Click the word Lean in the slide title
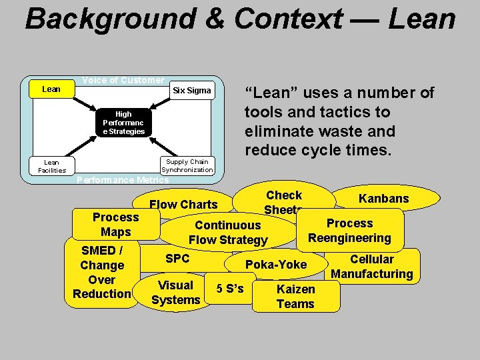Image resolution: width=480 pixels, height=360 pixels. [x=422, y=19]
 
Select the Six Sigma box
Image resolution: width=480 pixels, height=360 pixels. [x=191, y=91]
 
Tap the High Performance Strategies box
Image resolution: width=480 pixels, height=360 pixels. [x=123, y=123]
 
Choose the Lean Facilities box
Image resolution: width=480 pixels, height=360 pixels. [x=51, y=166]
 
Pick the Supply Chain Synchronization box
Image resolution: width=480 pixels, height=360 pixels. [x=187, y=166]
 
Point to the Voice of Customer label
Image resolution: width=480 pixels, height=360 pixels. [x=123, y=80]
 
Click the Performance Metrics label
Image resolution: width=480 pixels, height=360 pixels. [x=123, y=180]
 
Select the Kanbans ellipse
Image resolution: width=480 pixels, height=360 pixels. [x=383, y=199]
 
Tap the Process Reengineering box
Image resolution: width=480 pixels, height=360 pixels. [x=349, y=231]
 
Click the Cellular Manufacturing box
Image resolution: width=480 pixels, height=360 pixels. [x=371, y=267]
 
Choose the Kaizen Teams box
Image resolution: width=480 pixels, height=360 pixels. [x=295, y=297]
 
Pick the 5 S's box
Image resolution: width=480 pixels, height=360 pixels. [x=230, y=289]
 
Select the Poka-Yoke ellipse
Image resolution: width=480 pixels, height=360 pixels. [x=276, y=265]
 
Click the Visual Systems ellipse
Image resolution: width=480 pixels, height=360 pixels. [x=175, y=293]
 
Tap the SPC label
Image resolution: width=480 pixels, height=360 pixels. [x=177, y=259]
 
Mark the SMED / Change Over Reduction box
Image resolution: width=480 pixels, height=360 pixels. [x=101, y=272]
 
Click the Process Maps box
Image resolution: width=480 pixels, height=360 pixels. [x=115, y=225]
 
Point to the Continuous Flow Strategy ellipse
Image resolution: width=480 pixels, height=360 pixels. [x=228, y=233]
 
